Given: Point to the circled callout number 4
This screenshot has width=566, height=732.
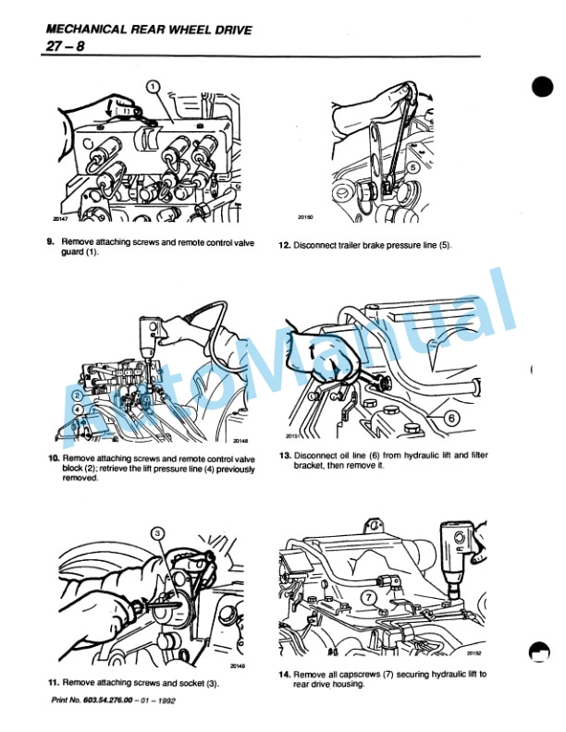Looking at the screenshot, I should point(78,410).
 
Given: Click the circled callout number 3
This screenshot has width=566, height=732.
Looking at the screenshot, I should point(157,532).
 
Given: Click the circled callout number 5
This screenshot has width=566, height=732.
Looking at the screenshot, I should point(391,167).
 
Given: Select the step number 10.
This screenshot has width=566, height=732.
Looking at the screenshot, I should point(53,458).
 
